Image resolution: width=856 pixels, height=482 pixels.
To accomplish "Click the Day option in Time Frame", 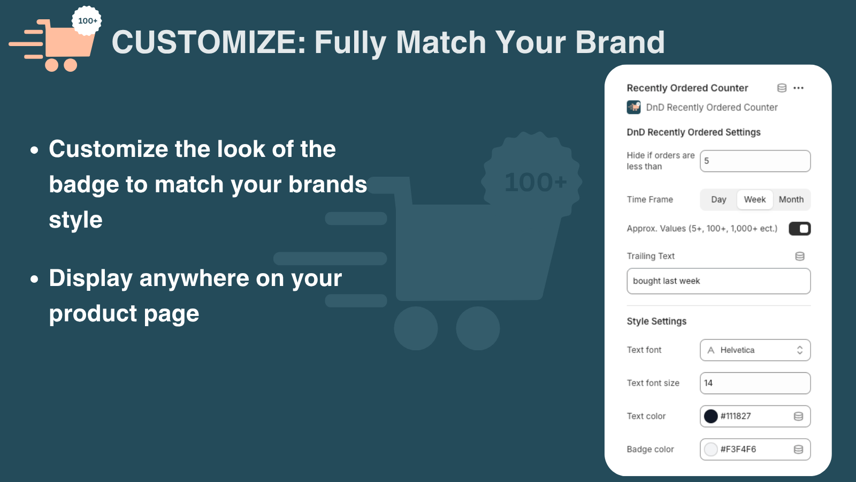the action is (x=719, y=199).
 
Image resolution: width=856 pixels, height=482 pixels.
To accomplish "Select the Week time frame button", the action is (x=755, y=199).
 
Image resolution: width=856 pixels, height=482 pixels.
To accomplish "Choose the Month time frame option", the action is (x=791, y=199).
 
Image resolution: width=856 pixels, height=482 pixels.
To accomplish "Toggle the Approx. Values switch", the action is (x=799, y=229).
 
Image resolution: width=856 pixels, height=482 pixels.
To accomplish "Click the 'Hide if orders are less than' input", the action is (x=755, y=161).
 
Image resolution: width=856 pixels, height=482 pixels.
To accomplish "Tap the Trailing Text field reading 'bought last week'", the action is (x=719, y=281).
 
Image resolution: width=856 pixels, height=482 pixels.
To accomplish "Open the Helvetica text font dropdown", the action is (x=755, y=350).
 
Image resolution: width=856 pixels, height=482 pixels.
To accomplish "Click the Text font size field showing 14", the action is (x=755, y=383).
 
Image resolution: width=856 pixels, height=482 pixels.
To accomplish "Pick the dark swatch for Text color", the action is (x=711, y=416).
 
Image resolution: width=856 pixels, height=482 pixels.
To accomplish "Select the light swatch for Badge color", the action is (x=711, y=449).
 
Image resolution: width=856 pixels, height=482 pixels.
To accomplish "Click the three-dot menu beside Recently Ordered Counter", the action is (x=798, y=88).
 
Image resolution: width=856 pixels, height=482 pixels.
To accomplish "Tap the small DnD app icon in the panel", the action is (x=633, y=107).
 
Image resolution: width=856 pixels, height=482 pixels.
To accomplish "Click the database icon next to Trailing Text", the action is (x=800, y=257).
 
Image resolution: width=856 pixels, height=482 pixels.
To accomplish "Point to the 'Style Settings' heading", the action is (x=656, y=321).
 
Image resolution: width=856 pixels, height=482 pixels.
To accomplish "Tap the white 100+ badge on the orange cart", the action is (x=87, y=21).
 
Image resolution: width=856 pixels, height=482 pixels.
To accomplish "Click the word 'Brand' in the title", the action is (x=620, y=42).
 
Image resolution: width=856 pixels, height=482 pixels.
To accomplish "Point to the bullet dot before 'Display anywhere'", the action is (x=34, y=279).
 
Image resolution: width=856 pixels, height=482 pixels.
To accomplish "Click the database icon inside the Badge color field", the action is (x=798, y=449).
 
